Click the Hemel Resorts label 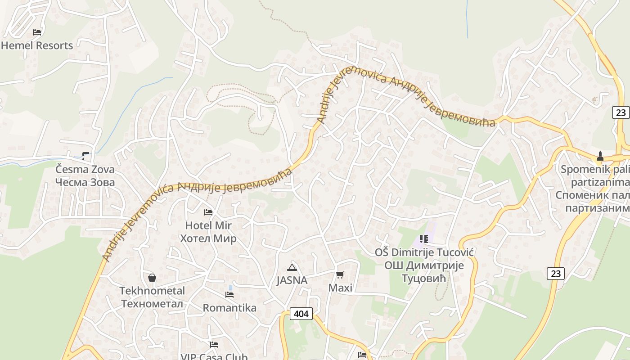tap(37, 45)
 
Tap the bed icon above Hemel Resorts tap(37, 32)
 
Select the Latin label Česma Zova tap(85, 170)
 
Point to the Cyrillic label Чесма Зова tap(85, 182)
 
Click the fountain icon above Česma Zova tap(85, 156)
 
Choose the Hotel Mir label tap(208, 225)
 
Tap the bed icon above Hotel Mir tap(208, 212)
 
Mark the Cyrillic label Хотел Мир tap(208, 238)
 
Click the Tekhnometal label tap(152, 291)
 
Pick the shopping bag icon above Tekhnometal tap(152, 278)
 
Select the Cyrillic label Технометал tap(152, 303)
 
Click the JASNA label tap(292, 280)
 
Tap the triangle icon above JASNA tap(292, 267)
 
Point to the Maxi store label tap(340, 288)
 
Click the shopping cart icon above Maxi tap(340, 274)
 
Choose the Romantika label tap(229, 308)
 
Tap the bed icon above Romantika tap(229, 295)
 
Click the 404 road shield tap(301, 314)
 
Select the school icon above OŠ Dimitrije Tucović tap(423, 239)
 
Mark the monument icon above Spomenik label tap(600, 156)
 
